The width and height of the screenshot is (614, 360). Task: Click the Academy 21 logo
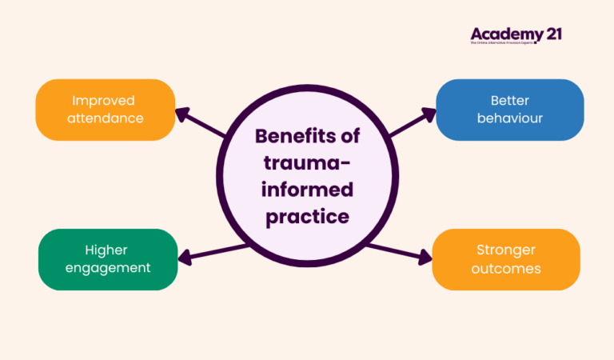point(516,35)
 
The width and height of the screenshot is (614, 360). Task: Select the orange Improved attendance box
point(106,110)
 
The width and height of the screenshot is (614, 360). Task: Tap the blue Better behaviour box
point(509,110)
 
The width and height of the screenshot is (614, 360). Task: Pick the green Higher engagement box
point(108,259)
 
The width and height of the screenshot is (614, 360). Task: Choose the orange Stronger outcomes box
point(505,259)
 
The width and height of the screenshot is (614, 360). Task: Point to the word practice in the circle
point(307,217)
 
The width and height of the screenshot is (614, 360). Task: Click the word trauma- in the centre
point(307,163)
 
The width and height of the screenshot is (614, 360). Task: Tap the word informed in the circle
point(307,190)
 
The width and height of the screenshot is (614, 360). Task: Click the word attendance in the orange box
point(106,118)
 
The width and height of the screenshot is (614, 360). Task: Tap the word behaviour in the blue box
point(509,118)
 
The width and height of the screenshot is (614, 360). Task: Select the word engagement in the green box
point(108,268)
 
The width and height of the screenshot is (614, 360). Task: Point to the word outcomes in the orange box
point(505,269)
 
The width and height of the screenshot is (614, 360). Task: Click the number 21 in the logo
point(550,34)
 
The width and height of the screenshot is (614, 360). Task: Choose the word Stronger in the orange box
point(505,250)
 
